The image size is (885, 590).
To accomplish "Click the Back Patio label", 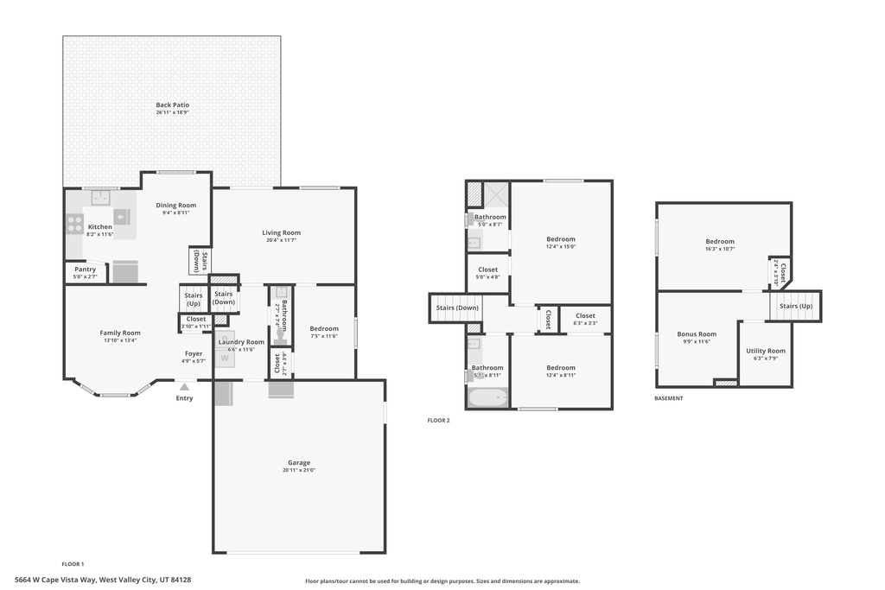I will (172, 105).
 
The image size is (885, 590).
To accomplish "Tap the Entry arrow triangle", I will (184, 388).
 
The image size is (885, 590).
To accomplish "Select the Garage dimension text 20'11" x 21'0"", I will (299, 471).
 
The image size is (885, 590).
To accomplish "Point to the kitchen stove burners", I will (74, 225).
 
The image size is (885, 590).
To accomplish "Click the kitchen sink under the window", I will (101, 197).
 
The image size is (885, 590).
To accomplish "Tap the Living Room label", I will (282, 232).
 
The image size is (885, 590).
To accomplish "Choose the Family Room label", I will (119, 333).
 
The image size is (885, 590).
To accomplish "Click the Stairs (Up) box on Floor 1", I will (193, 299).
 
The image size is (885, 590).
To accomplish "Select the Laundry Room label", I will (241, 342).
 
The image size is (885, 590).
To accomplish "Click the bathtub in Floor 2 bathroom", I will (487, 399).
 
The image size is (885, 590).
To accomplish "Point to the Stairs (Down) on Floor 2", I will (456, 308).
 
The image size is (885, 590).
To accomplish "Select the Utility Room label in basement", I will (766, 351).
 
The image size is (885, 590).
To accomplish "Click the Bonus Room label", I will (697, 334).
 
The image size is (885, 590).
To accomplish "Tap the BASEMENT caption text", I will (668, 398).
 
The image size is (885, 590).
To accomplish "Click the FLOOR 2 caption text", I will (438, 420).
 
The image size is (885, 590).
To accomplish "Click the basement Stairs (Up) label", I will (795, 306).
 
